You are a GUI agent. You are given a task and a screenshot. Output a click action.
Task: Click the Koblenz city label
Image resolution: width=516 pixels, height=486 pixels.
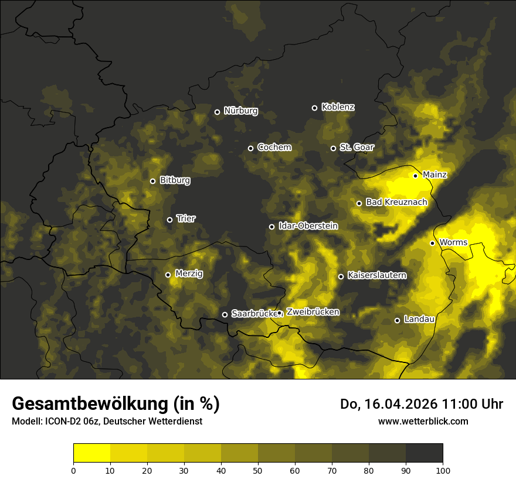338,107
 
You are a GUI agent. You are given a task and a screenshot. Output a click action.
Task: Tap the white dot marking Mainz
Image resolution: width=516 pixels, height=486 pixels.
415,176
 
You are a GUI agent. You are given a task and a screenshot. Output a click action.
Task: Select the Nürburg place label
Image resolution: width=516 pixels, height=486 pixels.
240,111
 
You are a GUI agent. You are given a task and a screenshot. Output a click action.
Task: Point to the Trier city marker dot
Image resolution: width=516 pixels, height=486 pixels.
170,220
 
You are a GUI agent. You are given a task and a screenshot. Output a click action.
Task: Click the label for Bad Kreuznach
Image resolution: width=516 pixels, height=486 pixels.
396,202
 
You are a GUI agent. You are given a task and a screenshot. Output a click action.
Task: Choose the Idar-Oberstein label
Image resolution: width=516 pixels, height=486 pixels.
308,226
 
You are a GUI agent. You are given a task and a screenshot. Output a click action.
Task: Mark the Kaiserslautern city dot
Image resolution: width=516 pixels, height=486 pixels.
341,276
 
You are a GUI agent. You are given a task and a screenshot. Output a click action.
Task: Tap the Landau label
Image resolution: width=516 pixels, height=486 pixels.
419,319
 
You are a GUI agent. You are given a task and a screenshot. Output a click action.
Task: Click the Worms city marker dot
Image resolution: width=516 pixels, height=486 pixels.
432,243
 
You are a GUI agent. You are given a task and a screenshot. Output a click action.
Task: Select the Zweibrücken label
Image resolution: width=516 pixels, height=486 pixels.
313,312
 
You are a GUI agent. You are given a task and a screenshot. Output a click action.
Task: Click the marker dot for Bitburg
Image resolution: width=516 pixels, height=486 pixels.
152,181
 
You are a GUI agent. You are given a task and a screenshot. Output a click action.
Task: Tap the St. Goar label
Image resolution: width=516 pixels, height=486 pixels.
357,147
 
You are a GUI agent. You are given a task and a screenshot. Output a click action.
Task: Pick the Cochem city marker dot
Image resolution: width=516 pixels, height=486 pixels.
250,148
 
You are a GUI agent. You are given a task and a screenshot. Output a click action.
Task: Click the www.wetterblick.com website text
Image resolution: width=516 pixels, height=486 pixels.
423,421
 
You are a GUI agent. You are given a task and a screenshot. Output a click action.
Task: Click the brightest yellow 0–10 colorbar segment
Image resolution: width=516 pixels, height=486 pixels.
91,453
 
